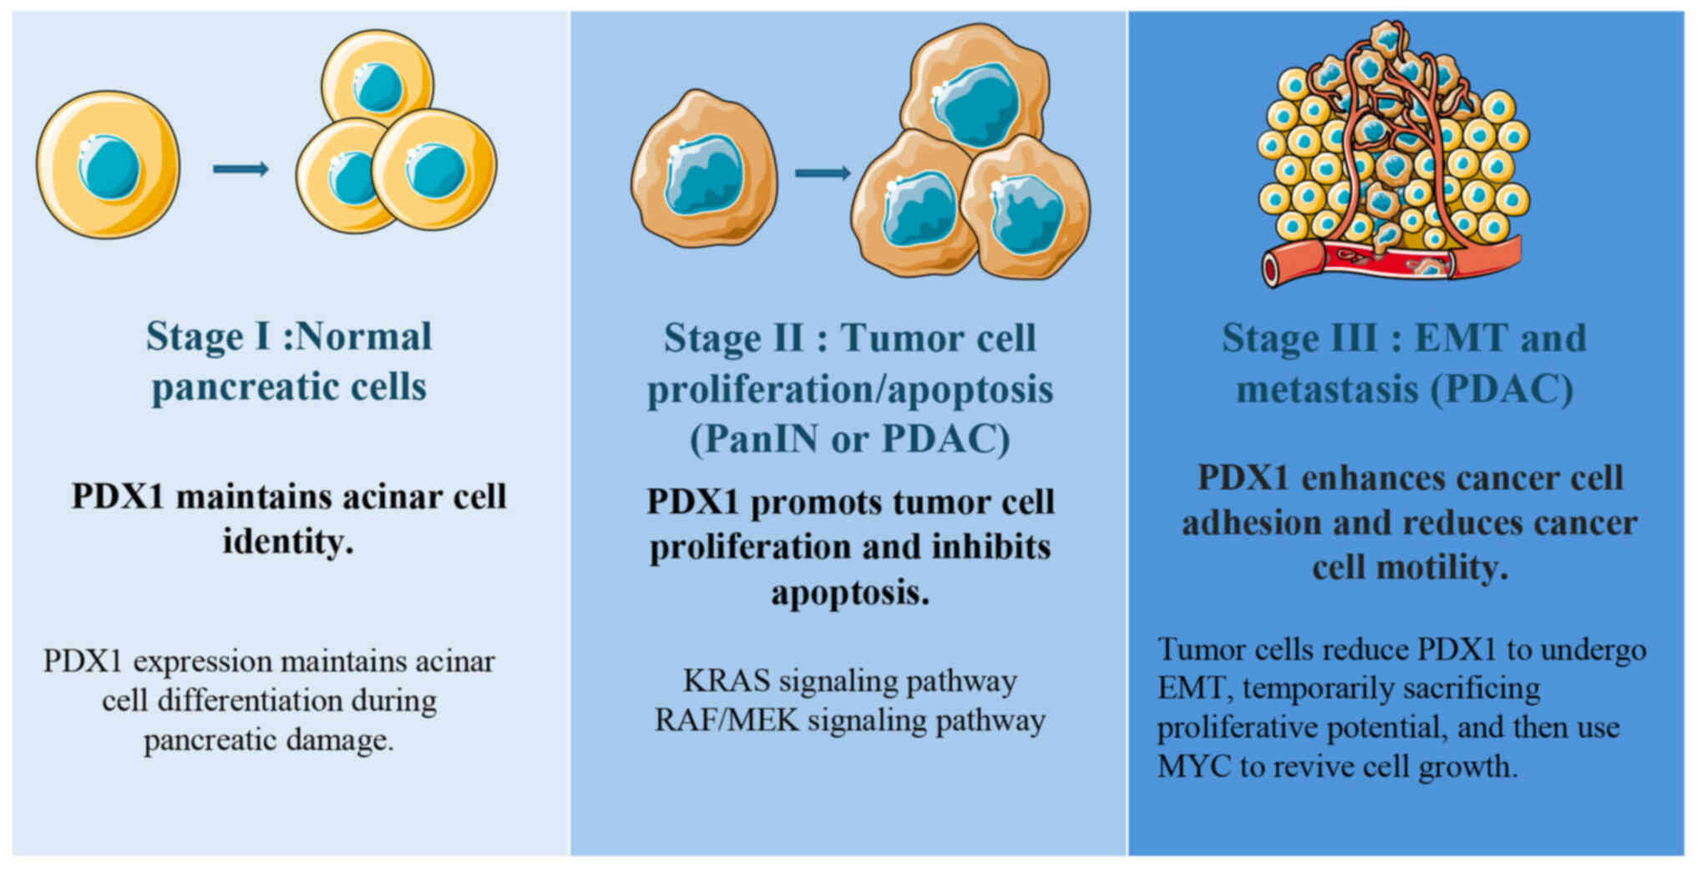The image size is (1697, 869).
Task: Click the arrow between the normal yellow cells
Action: pyautogui.click(x=241, y=169)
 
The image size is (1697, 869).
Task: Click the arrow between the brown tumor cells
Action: pyautogui.click(x=822, y=173)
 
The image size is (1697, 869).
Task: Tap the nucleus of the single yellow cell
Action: pyautogui.click(x=109, y=168)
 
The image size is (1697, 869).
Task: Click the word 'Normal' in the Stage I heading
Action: pyautogui.click(x=364, y=337)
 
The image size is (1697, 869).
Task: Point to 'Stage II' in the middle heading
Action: pyautogui.click(x=733, y=339)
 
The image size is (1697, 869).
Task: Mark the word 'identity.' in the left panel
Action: pyautogui.click(x=288, y=543)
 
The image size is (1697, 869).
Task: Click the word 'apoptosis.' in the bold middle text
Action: pyautogui.click(x=849, y=594)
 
